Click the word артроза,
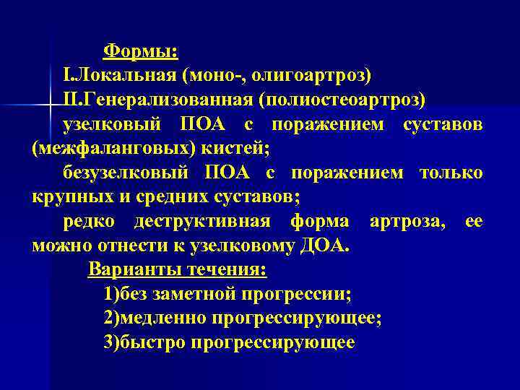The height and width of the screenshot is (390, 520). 407,221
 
